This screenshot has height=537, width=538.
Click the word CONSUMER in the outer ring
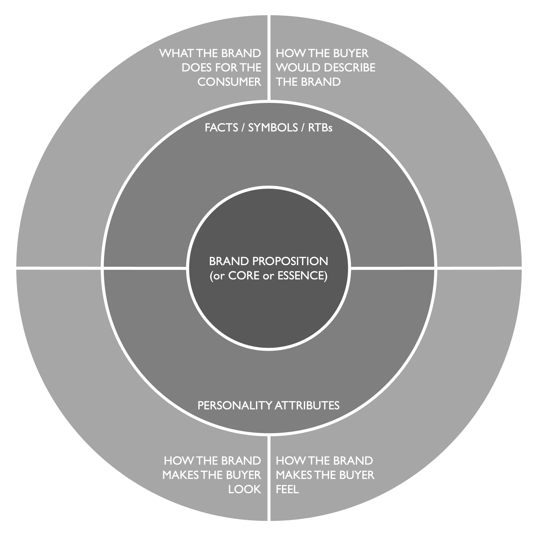(x=229, y=82)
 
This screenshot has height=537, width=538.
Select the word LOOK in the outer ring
(x=245, y=489)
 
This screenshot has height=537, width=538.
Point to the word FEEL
(x=287, y=489)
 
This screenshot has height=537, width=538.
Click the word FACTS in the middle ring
(x=221, y=128)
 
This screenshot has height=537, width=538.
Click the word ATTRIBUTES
(x=307, y=406)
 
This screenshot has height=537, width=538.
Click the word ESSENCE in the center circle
(x=302, y=276)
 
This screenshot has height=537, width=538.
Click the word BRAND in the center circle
(x=229, y=261)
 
